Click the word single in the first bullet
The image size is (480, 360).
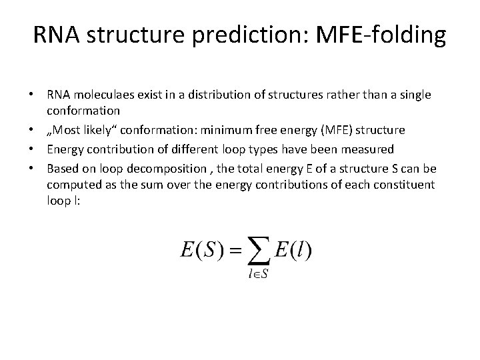coord(415,95)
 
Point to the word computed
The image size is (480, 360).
coord(73,184)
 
